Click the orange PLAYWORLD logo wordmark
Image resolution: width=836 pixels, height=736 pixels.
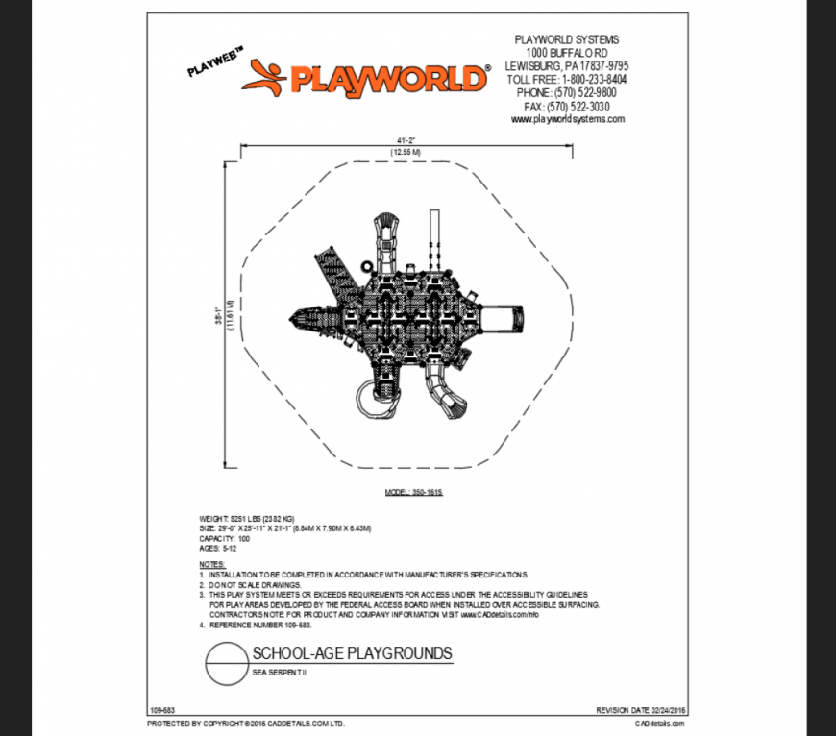[388, 78]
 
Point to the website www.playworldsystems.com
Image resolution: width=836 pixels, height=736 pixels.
[567, 119]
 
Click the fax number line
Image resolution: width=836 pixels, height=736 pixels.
[567, 107]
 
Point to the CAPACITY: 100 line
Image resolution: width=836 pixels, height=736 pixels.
[224, 539]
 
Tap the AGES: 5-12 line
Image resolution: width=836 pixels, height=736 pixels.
[217, 549]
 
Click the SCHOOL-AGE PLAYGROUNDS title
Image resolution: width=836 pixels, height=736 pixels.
[352, 654]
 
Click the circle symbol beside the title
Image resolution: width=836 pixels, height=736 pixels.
[227, 664]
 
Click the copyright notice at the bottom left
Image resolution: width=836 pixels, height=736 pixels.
[245, 723]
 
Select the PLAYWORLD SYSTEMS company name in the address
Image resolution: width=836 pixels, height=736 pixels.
[567, 39]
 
